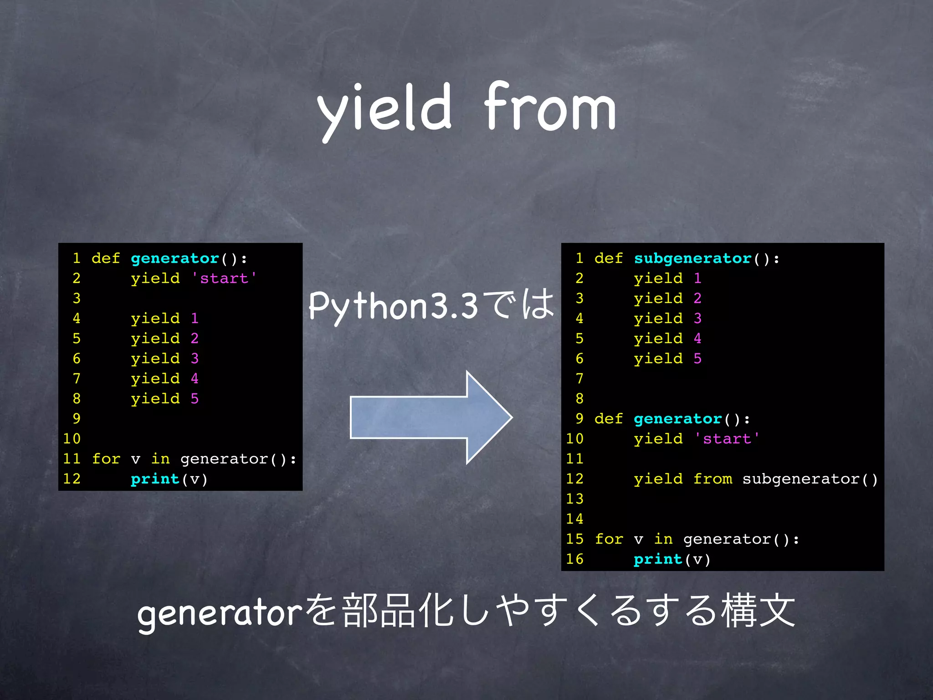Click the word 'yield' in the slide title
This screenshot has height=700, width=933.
click(x=384, y=109)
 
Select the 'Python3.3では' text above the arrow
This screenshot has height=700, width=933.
click(x=431, y=305)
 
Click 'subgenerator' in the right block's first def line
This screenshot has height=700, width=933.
click(x=692, y=258)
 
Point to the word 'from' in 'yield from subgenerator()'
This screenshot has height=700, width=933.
click(x=713, y=479)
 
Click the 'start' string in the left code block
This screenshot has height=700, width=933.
click(x=224, y=278)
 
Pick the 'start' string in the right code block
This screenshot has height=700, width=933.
click(x=727, y=439)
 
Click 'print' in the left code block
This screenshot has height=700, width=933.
click(x=155, y=479)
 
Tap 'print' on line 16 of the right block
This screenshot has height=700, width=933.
click(x=658, y=559)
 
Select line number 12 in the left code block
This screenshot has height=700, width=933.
click(x=72, y=479)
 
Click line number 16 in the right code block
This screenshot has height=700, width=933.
click(x=575, y=559)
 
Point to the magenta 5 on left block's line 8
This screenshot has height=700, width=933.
click(x=195, y=399)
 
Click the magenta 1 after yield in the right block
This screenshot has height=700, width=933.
click(x=697, y=278)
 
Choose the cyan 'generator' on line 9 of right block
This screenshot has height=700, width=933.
click(x=677, y=419)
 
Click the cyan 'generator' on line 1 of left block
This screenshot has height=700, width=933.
click(x=175, y=258)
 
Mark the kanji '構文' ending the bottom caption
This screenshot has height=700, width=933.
click(x=758, y=611)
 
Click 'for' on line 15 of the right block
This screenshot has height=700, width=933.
click(x=609, y=539)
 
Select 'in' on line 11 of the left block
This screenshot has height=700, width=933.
click(x=160, y=459)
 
